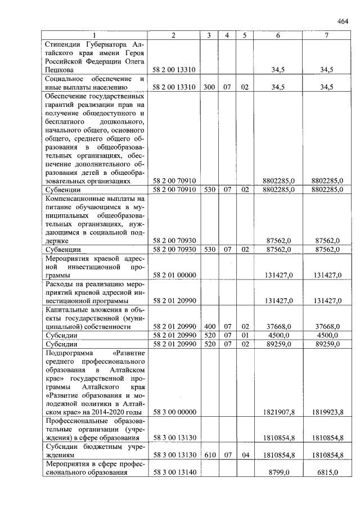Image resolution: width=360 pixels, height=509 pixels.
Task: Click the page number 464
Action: [x=343, y=21]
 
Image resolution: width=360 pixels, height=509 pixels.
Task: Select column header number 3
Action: [x=209, y=35]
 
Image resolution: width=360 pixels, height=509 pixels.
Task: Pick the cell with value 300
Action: [x=209, y=87]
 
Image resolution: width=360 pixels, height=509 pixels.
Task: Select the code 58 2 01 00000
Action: [x=174, y=276]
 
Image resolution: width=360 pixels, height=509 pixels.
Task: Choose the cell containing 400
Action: [x=209, y=326]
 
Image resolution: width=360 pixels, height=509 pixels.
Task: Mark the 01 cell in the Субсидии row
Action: [x=245, y=336]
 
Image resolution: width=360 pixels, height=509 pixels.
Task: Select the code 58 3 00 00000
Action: [x=174, y=412]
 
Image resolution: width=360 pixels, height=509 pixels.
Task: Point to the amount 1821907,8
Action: [x=279, y=412]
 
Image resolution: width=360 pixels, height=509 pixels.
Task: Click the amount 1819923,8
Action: [x=327, y=412]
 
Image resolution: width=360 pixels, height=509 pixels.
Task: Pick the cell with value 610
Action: [x=209, y=454]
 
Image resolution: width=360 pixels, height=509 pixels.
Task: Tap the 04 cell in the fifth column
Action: [x=245, y=454]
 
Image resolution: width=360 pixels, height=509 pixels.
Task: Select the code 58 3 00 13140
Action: [x=174, y=473]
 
